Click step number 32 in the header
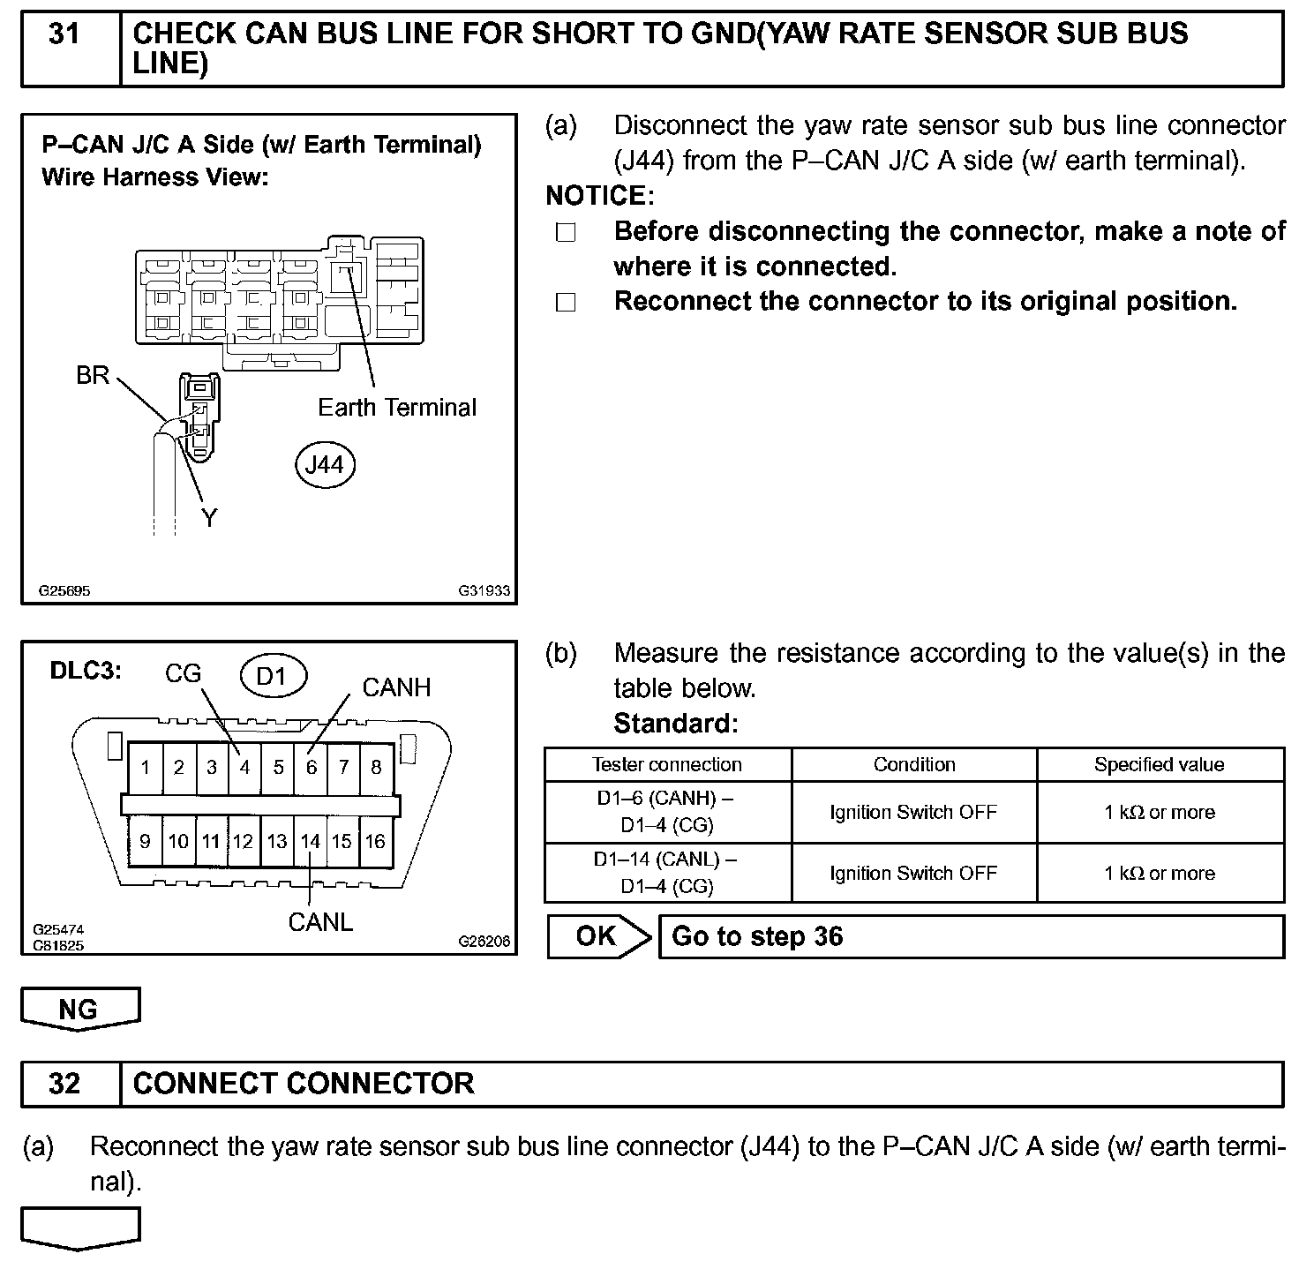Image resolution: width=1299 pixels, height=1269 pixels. point(64,1084)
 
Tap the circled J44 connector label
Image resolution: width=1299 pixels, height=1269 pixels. point(324,465)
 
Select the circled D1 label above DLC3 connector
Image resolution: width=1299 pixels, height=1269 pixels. point(273,676)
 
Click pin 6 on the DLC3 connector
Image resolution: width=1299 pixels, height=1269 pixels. point(311,768)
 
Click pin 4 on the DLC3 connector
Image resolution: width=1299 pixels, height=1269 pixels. point(244,768)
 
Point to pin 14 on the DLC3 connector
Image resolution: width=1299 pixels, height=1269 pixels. point(310,842)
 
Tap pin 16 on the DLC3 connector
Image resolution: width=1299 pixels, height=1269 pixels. point(376,842)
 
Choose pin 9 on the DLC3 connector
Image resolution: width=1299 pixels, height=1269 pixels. point(145,842)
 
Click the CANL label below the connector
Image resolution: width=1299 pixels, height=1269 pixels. point(320,922)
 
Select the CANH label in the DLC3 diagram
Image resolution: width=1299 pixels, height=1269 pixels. point(396,687)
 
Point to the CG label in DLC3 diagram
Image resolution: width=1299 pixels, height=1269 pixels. point(183,674)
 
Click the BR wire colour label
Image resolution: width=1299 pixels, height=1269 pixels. point(93,376)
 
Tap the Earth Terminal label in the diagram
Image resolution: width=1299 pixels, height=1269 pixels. point(396,408)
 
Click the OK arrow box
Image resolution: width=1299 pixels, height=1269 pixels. point(598,936)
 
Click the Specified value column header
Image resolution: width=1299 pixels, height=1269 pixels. point(1159,765)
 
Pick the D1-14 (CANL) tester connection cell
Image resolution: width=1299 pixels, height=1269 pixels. point(667,873)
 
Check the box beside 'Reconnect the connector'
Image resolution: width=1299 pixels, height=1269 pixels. point(566,303)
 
